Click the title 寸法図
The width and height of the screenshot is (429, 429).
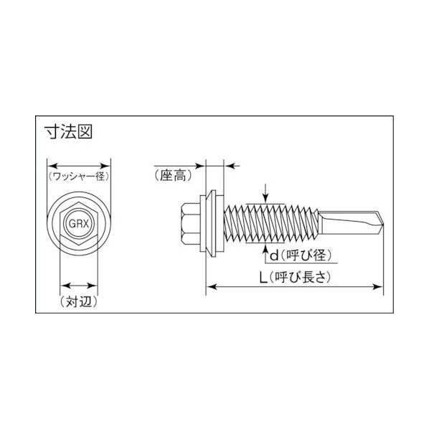pos(68,131)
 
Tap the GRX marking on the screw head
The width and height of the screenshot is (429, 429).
pos(79,224)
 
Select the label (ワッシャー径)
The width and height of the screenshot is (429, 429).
pos(79,176)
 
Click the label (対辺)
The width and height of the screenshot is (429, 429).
pos(79,301)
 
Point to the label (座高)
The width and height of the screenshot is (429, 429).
pos(174,175)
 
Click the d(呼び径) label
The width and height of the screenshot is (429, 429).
pos(301,256)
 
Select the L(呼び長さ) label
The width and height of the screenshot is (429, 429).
pos(295,278)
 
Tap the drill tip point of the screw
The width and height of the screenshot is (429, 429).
pos(383,224)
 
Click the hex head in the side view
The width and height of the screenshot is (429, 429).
pos(191,224)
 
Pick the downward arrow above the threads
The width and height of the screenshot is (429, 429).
pos(265,194)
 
